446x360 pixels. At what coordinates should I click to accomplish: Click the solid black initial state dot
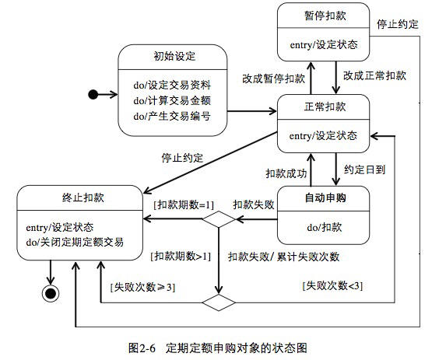point(93,94)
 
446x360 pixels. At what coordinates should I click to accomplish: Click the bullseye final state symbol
point(51,293)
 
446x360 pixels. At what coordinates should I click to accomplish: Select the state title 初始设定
point(174,56)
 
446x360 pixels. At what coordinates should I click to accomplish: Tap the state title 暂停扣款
point(325,16)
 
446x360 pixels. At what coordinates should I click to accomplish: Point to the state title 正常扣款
point(325,107)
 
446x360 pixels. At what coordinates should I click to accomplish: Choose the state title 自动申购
point(325,197)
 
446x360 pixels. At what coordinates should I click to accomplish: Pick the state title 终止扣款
point(83,197)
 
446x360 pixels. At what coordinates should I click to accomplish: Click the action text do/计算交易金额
point(172,100)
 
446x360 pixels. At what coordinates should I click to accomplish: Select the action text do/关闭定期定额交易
point(75,243)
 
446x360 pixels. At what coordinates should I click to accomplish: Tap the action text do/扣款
point(325,227)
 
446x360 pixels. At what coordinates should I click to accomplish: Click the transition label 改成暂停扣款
point(273,79)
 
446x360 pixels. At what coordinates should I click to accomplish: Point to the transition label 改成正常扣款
point(374,75)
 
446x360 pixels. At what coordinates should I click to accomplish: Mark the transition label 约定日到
point(364,170)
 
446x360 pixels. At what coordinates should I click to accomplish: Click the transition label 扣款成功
point(286,173)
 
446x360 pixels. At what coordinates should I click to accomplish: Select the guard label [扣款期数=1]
point(184,204)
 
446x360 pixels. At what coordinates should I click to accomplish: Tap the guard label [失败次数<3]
point(332,285)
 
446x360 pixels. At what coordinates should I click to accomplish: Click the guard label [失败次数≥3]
point(142,287)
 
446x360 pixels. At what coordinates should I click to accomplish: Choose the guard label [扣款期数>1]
point(181,257)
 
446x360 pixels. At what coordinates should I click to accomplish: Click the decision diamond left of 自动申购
point(219,219)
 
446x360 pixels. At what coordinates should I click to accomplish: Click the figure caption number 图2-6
point(142,348)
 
